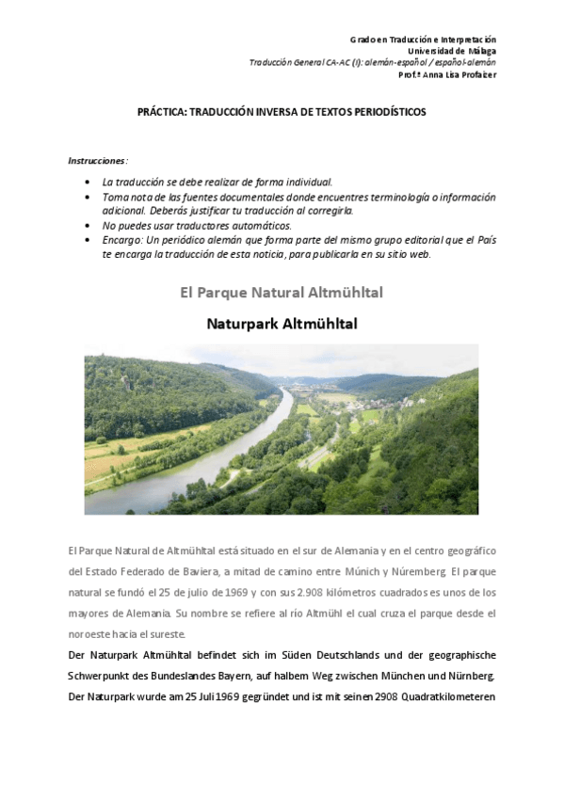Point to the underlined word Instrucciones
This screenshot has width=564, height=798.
(97, 160)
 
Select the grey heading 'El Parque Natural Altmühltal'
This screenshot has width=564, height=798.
(282, 293)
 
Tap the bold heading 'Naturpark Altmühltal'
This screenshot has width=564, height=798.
(282, 323)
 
